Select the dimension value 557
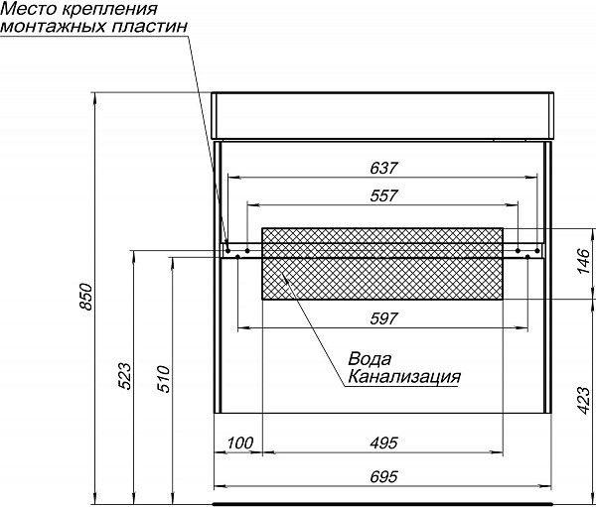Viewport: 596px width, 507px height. [x=382, y=195]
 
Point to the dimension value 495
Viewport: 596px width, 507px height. [x=382, y=442]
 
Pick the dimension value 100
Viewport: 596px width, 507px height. [x=239, y=442]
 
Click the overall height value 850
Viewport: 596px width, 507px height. [x=86, y=299]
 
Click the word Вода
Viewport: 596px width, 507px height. [x=370, y=358]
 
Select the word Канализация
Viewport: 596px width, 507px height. [x=403, y=377]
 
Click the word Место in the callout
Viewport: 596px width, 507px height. [x=25, y=10]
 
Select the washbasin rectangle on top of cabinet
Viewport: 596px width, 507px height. [x=382, y=115]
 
